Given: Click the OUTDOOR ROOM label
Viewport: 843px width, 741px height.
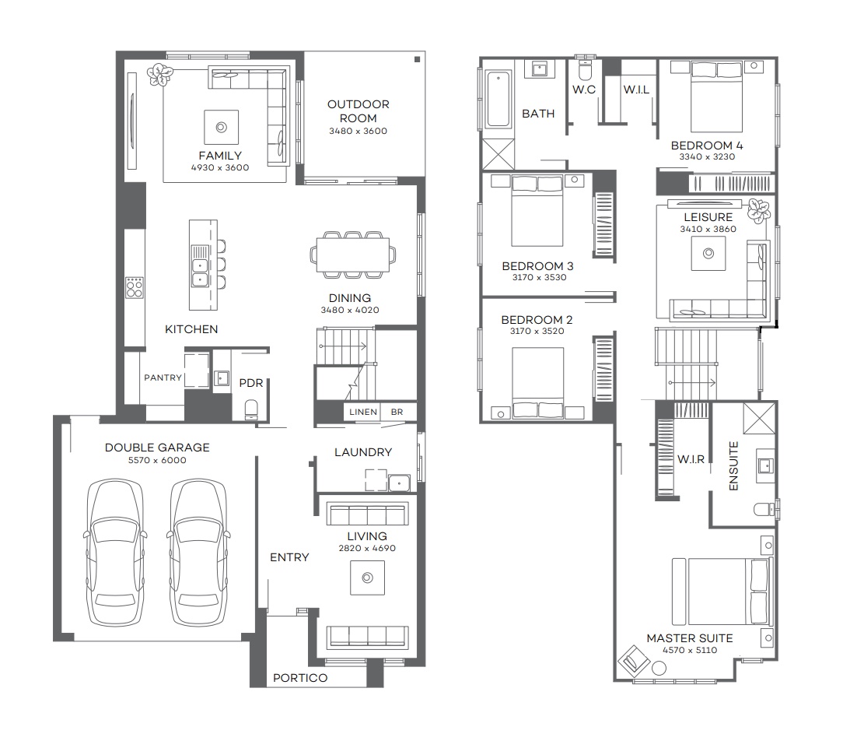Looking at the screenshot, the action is (358, 111).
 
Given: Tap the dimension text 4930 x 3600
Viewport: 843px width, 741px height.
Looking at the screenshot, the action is (220, 168).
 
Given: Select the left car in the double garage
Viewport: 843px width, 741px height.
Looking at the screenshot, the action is (115, 552).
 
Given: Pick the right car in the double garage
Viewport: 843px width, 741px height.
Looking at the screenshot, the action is (198, 552).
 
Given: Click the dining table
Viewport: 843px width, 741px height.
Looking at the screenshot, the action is (353, 255).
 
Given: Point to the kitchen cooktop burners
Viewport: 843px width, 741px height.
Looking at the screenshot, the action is (135, 287).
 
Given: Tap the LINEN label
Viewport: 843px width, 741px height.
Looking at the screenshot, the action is (363, 412).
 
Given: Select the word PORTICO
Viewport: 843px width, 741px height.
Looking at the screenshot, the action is (300, 678).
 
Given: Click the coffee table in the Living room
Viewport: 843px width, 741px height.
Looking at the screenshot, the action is (367, 578).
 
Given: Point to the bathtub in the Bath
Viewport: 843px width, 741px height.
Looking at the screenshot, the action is (499, 100).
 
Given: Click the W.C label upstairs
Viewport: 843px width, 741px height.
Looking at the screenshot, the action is (584, 90).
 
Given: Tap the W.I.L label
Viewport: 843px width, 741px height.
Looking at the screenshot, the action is (636, 90).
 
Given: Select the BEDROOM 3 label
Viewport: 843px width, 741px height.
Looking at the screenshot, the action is (537, 266).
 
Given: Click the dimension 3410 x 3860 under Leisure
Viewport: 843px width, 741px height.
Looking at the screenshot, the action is (708, 230).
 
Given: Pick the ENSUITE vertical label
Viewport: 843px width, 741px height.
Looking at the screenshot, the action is (733, 466).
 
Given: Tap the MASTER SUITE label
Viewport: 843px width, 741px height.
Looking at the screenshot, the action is (690, 639).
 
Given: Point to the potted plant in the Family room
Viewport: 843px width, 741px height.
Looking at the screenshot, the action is (159, 75).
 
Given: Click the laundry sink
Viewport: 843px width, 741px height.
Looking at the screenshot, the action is (399, 483).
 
